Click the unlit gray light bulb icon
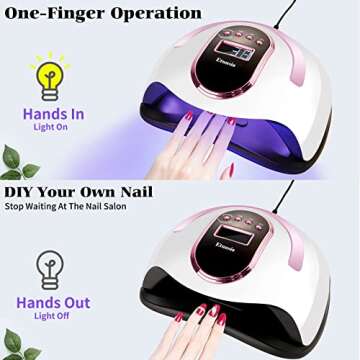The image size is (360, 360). click(48, 267)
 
